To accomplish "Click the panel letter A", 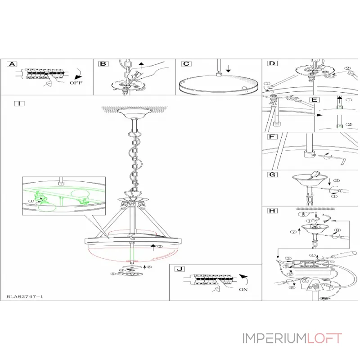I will point(13,64).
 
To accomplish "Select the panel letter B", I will point(103,64).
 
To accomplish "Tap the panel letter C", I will point(185,64).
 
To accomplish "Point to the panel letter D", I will point(272,64).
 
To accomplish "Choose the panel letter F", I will point(271,137).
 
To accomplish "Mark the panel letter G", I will point(271,175).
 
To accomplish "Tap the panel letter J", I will point(179,269).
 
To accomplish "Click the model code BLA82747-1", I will point(25,297).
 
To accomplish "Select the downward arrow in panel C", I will point(229,68).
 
